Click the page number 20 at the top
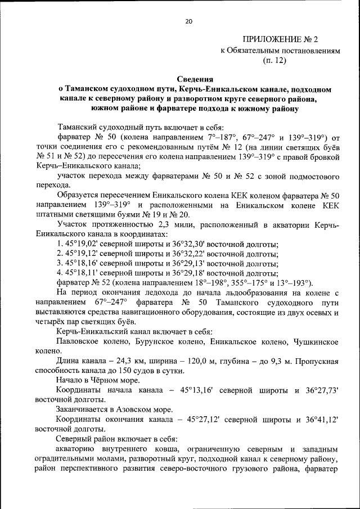tap(188, 21)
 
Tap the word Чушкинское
tap(312, 341)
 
